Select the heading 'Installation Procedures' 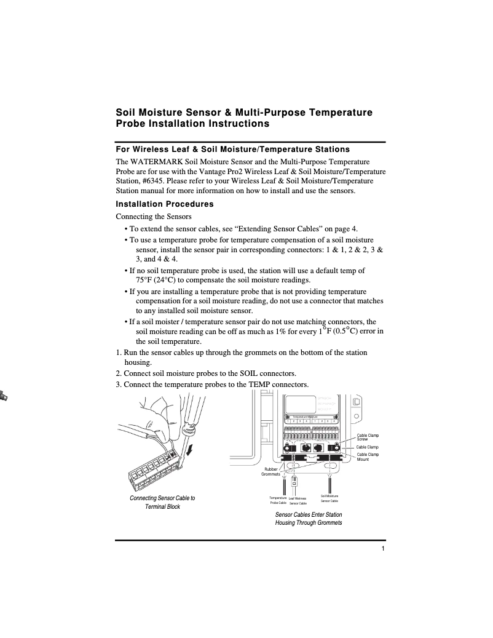click(165, 204)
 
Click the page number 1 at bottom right click(382, 549)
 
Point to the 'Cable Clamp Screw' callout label click(368, 437)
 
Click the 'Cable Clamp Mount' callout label click(368, 457)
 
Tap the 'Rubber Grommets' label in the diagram click(271, 472)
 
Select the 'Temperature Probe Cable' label click(278, 500)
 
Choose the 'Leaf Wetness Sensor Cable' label click(298, 501)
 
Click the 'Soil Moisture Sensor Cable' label click(329, 498)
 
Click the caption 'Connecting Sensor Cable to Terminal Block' click(162, 502)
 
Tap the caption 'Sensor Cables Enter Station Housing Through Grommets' click(309, 518)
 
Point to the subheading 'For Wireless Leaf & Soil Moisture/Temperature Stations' click(233, 149)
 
